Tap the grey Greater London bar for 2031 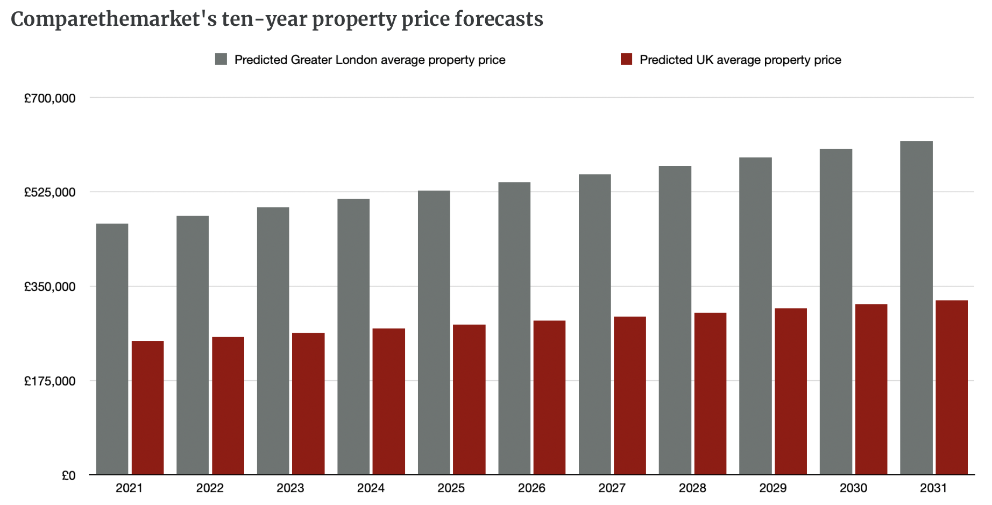click(916, 307)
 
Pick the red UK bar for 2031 click(951, 387)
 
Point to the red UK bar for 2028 click(710, 394)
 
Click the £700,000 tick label click(49, 98)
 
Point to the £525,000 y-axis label click(49, 192)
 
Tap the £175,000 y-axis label click(49, 381)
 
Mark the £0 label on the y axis click(68, 475)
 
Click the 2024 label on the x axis click(371, 488)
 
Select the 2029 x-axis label click(773, 488)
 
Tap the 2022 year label click(210, 488)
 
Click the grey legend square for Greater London click(221, 59)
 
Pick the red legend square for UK click(626, 59)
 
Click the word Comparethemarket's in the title click(114, 19)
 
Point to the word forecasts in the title click(499, 19)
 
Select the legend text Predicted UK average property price click(740, 60)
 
